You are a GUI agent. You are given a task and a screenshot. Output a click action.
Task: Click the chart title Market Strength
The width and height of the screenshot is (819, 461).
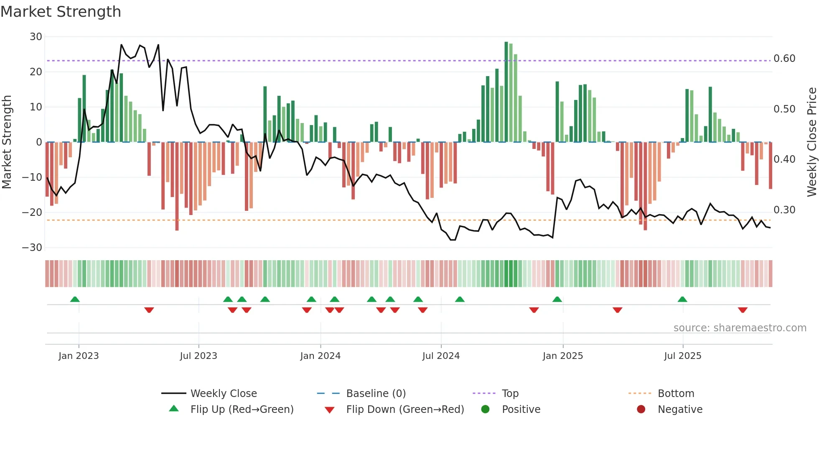(x=61, y=12)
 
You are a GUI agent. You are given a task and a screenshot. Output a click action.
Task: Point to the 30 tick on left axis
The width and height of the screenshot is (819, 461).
(x=36, y=37)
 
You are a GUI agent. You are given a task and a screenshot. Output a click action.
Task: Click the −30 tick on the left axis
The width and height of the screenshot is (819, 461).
(x=33, y=248)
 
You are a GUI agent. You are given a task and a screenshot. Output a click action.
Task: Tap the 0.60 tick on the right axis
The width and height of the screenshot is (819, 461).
(x=784, y=59)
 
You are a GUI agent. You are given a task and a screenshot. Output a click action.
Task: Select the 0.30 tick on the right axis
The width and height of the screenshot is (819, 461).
(x=784, y=210)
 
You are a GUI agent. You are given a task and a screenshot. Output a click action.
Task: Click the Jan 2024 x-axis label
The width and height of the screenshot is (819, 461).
(x=320, y=356)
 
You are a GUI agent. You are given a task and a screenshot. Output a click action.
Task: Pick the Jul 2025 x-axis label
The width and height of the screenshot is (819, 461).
(x=682, y=356)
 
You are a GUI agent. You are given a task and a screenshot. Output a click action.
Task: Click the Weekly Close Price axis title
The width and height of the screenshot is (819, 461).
(x=811, y=142)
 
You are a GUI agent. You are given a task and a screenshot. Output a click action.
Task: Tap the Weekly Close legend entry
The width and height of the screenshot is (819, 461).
(x=224, y=394)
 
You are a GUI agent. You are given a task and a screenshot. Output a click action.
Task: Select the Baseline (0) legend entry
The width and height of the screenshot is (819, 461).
(x=376, y=394)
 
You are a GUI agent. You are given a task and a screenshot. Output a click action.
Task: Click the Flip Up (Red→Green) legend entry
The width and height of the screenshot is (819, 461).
(x=242, y=410)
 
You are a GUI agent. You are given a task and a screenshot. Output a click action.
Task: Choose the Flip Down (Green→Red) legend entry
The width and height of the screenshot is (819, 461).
(x=404, y=410)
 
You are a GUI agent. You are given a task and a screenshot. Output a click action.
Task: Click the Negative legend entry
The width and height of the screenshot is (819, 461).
(x=680, y=410)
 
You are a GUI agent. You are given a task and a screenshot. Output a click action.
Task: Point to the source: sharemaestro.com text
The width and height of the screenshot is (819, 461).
(x=740, y=328)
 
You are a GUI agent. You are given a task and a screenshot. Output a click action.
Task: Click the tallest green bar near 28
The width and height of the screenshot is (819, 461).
(x=506, y=92)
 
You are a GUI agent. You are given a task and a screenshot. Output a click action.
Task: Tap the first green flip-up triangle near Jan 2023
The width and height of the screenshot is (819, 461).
(x=75, y=300)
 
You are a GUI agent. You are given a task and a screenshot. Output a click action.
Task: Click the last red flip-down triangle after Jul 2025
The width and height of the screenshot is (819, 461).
(x=743, y=310)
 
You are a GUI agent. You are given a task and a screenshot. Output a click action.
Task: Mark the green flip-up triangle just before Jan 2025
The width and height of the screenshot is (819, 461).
(x=557, y=300)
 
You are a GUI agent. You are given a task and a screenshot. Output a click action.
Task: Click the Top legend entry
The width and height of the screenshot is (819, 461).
(x=510, y=394)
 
